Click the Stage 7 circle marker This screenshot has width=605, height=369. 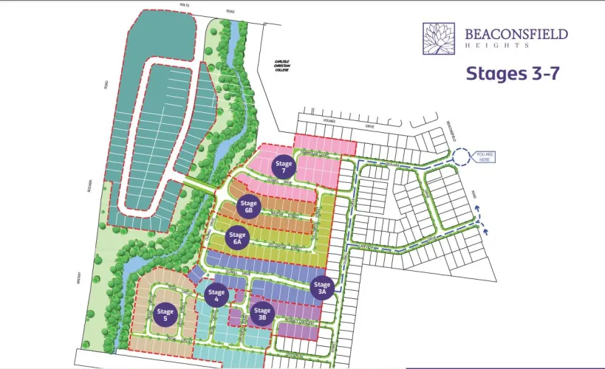coord(284,166)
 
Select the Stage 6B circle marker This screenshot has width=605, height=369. coord(249,207)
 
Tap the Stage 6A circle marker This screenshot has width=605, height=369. coord(237,238)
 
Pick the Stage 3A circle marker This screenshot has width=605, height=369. coord(322,288)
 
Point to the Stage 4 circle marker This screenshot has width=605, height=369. coord(216,295)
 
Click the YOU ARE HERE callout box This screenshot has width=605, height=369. coord(485,156)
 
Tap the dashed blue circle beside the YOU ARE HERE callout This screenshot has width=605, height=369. coord(461,156)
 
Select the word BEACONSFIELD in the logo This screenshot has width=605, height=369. coord(516,34)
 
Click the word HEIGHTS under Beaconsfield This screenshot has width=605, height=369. coord(496,46)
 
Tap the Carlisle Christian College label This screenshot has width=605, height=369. coord(275,64)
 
